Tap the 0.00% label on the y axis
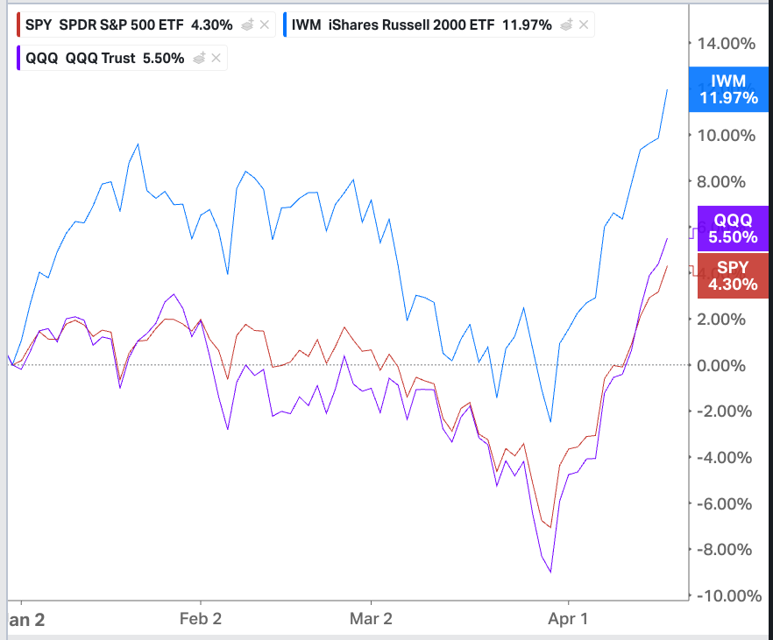(727, 365)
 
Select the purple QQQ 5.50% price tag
(733, 229)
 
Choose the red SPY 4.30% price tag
(733, 275)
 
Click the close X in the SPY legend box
(264, 25)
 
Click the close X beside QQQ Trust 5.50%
(216, 59)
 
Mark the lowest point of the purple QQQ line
(550, 573)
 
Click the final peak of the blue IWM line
(668, 89)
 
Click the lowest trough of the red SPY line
(550, 527)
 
